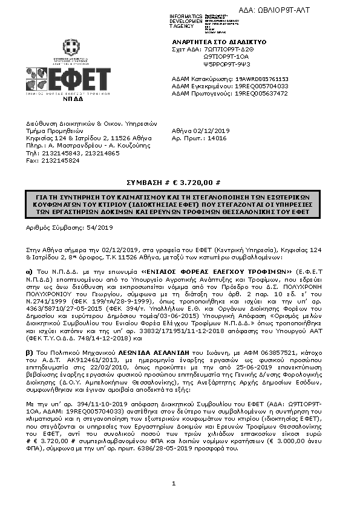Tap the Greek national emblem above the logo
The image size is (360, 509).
[68, 48]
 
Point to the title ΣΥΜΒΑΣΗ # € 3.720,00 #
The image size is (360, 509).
[180, 182]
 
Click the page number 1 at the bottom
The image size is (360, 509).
[173, 483]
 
